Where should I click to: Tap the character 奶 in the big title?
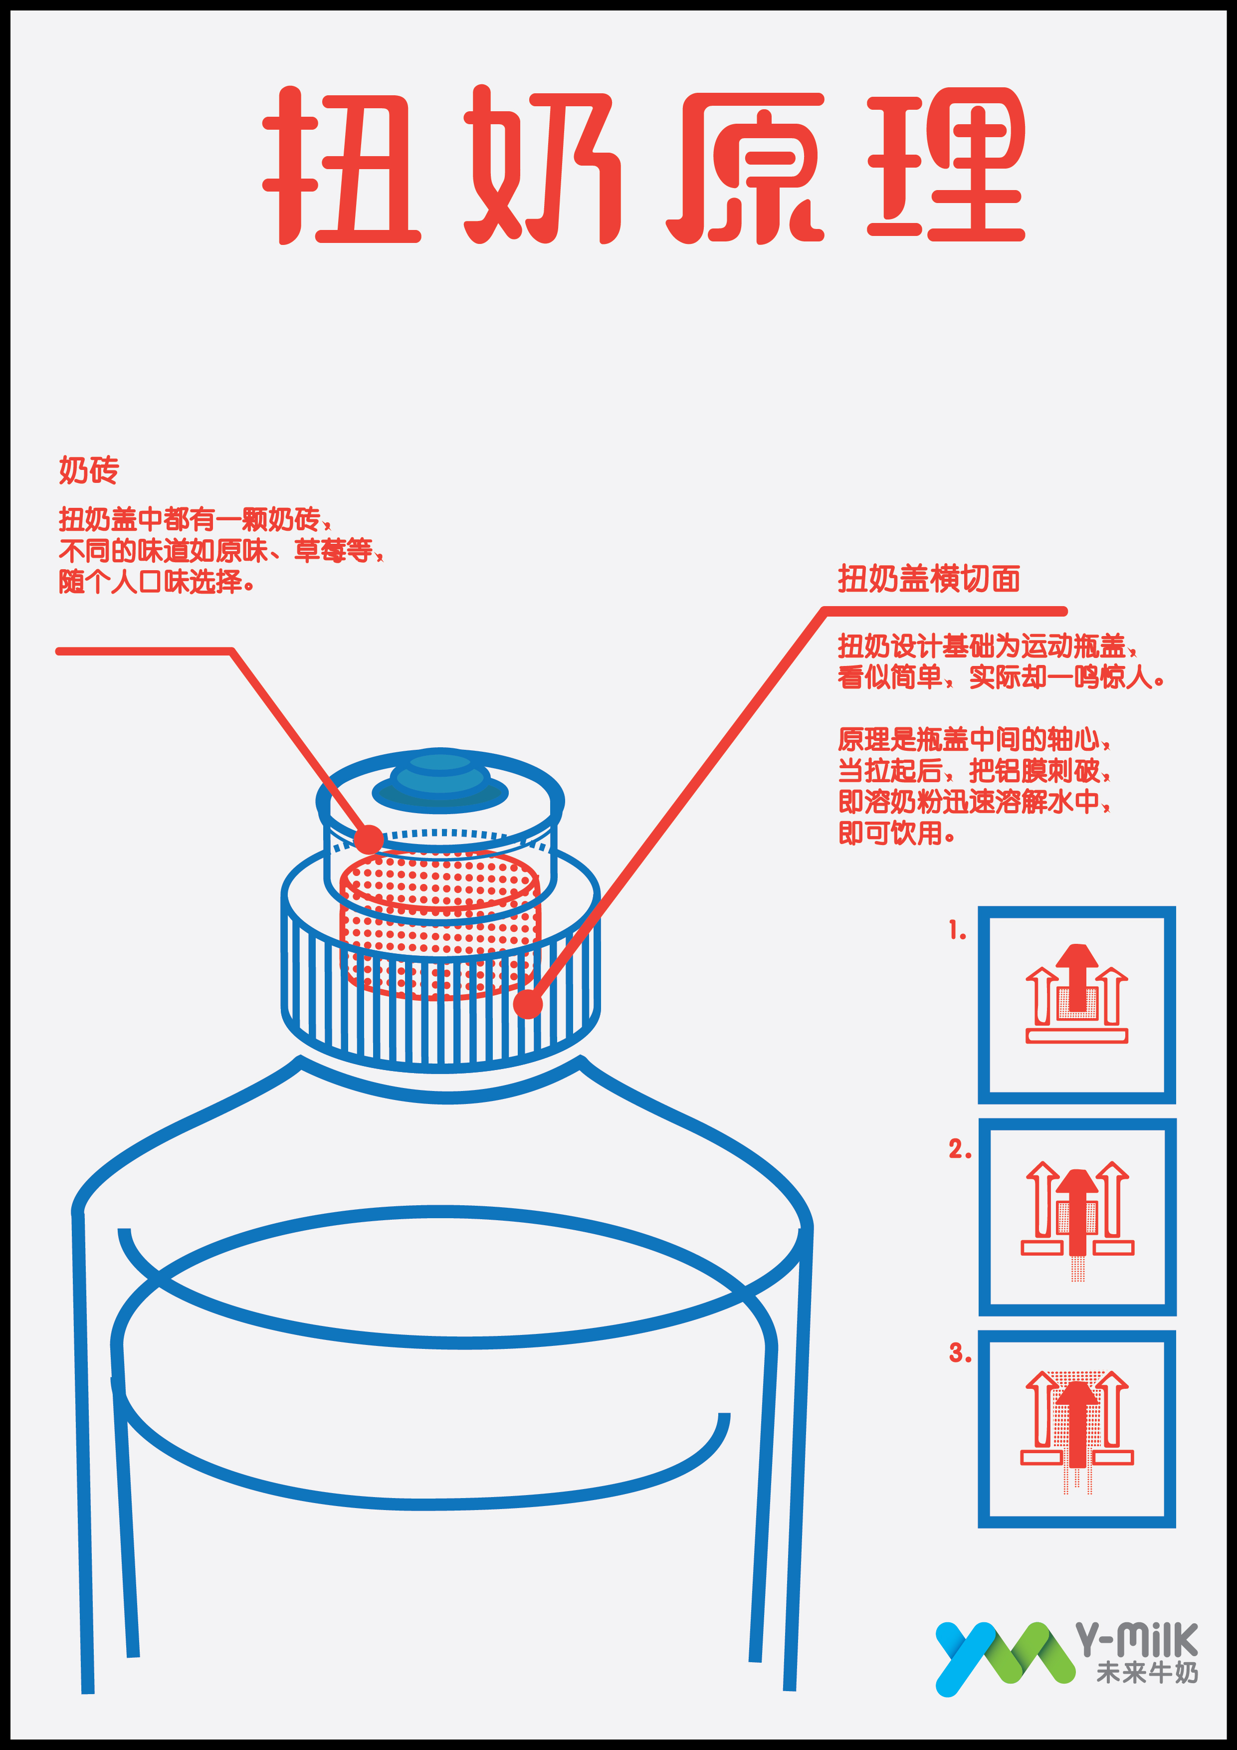(543, 166)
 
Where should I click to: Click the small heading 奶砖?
(89, 470)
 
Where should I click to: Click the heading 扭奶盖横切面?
(929, 579)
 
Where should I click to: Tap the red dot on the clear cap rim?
(369, 839)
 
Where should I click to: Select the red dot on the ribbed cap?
(527, 1004)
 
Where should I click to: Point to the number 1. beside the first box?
(957, 931)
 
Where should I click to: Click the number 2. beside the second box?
(960, 1149)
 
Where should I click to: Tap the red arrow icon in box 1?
(1076, 993)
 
